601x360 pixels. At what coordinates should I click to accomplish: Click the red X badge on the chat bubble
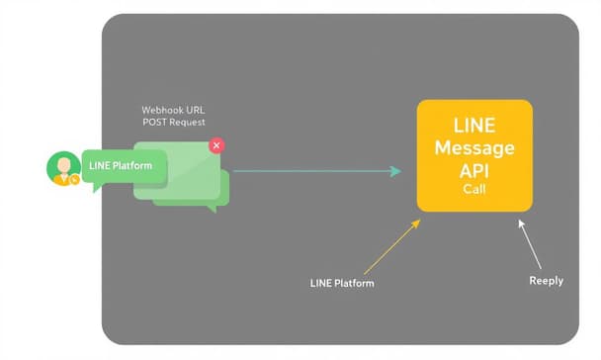216,145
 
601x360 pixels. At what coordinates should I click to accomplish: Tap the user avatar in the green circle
63,167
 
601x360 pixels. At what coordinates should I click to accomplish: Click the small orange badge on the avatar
74,179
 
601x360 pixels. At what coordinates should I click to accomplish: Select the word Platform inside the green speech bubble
133,165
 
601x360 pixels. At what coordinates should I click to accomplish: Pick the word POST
156,122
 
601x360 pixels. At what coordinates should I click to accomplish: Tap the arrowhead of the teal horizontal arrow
395,171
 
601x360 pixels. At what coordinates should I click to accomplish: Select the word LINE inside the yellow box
474,127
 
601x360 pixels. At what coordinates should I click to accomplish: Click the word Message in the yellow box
474,148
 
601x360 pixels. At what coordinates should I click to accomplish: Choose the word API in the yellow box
474,170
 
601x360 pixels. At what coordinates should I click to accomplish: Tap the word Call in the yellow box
474,189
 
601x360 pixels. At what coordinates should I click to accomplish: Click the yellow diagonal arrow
390,246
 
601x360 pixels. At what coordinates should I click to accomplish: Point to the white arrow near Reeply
530,245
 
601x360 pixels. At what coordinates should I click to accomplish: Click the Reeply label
546,281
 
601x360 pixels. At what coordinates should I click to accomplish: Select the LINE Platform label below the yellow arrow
342,284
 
